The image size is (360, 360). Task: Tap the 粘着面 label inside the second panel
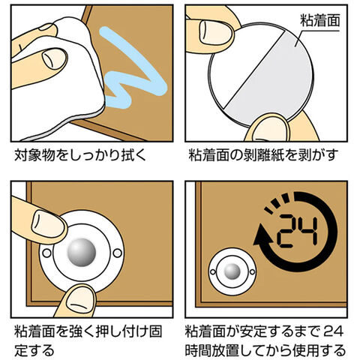coord(320,20)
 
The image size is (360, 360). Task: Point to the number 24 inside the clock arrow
coord(298,231)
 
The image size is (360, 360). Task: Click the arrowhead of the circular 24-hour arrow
coord(262,234)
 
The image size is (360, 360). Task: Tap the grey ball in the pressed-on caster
coord(82,252)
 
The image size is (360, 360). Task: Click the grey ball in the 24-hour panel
coord(232,271)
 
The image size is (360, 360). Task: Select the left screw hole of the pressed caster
coord(46,253)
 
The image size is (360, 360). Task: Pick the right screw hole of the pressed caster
coord(117,253)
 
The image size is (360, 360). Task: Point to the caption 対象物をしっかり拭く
coord(79,155)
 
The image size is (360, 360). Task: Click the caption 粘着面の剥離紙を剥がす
coord(263,155)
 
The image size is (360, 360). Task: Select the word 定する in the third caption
coord(34,350)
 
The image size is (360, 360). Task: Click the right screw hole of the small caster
coord(252,271)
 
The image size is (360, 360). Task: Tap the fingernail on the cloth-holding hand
coord(55,58)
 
